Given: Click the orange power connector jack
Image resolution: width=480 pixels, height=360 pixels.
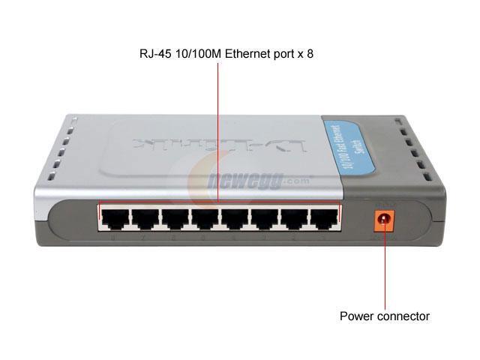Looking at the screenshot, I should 385,220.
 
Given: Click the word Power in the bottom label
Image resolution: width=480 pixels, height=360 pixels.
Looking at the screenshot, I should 355,316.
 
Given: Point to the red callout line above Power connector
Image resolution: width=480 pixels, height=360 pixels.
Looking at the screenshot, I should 385,270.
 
